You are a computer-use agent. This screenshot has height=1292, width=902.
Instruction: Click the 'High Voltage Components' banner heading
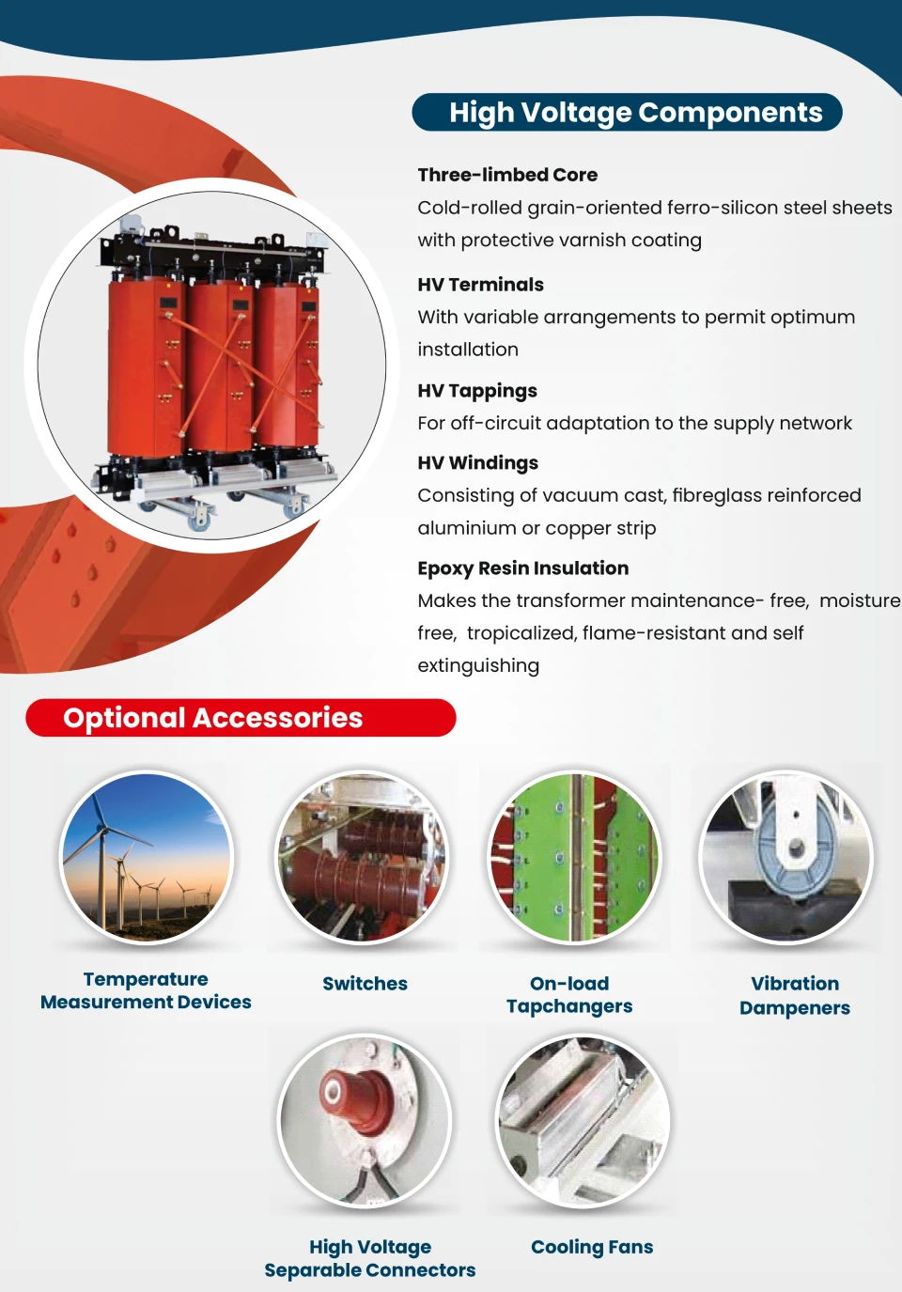pyautogui.click(x=635, y=113)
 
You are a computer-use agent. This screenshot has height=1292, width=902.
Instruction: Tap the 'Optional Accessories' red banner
pyautogui.click(x=213, y=718)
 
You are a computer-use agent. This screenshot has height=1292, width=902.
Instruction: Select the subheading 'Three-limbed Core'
pyautogui.click(x=507, y=175)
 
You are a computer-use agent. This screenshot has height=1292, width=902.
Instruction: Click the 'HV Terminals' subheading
pyautogui.click(x=480, y=285)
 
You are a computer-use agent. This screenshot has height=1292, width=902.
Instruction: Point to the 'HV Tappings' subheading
pyautogui.click(x=477, y=391)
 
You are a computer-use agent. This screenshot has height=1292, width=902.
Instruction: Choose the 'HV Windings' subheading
pyautogui.click(x=477, y=463)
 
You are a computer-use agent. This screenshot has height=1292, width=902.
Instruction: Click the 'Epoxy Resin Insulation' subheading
pyautogui.click(x=522, y=568)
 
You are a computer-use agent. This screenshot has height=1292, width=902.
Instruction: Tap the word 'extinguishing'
pyautogui.click(x=478, y=666)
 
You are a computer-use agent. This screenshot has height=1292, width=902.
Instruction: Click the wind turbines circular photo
pyautogui.click(x=146, y=857)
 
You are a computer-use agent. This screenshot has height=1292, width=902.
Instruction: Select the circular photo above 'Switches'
pyautogui.click(x=362, y=857)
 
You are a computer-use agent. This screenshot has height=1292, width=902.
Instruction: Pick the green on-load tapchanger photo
pyautogui.click(x=574, y=857)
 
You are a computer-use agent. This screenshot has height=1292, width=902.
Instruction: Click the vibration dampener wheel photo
pyautogui.click(x=786, y=857)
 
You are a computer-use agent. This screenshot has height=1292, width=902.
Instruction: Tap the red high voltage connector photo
pyautogui.click(x=365, y=1120)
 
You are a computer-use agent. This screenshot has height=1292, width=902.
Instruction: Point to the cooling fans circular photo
pyautogui.click(x=583, y=1120)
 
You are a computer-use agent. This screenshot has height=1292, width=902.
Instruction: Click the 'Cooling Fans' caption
pyautogui.click(x=592, y=1247)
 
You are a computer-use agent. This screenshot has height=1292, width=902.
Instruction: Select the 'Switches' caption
pyautogui.click(x=365, y=984)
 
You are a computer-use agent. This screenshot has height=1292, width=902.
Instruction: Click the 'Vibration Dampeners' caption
pyautogui.click(x=795, y=996)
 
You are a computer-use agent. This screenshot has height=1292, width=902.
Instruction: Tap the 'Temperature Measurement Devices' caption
pyautogui.click(x=146, y=990)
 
